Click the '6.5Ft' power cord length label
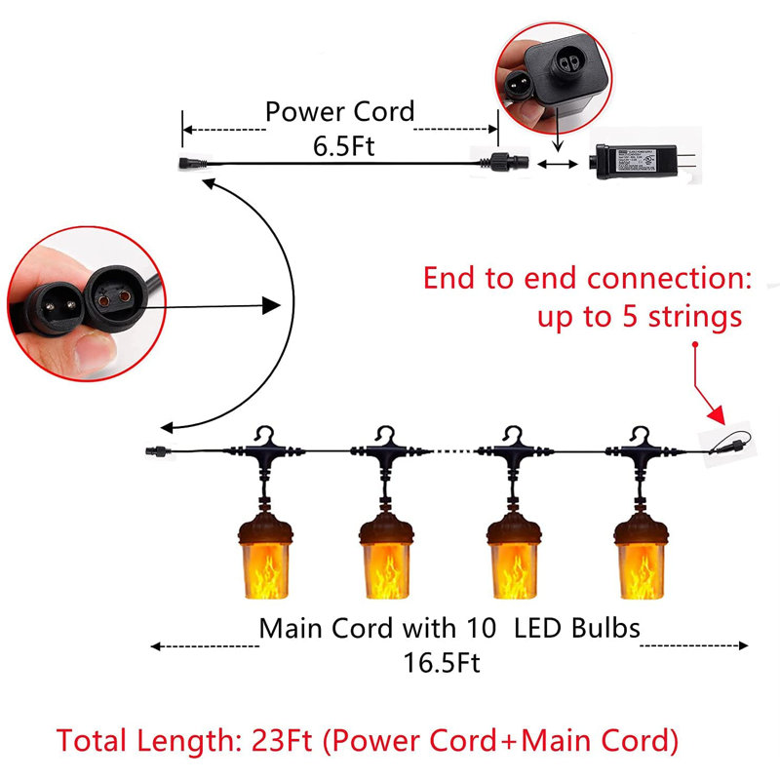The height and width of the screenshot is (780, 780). coord(339,146)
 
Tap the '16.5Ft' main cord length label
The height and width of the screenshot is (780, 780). coord(442,664)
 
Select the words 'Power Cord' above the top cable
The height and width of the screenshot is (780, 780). coord(339,111)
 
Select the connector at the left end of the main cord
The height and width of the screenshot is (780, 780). coord(153,451)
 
